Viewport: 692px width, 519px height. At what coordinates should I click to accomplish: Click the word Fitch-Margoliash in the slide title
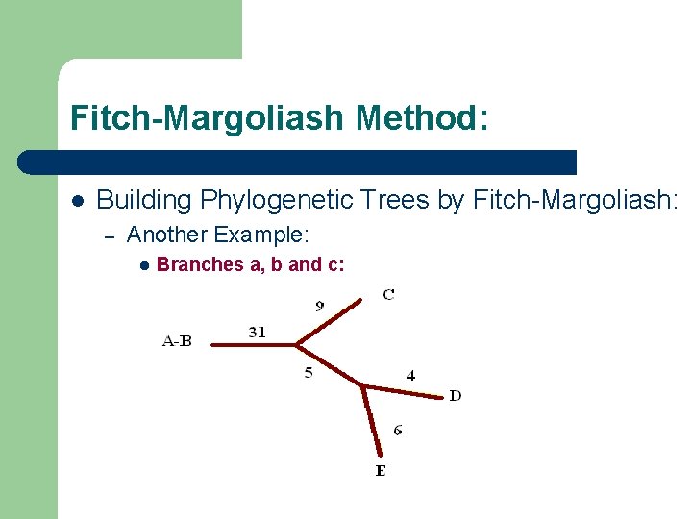point(207,119)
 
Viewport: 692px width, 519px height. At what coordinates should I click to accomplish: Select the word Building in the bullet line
point(144,200)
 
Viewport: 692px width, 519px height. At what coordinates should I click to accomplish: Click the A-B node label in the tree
point(177,340)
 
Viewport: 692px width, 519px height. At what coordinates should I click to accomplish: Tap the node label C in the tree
point(388,294)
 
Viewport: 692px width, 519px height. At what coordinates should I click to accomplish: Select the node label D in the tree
point(455,395)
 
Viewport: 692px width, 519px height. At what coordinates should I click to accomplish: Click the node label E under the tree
point(381,470)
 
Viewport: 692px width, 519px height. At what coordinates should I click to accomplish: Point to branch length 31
point(258,332)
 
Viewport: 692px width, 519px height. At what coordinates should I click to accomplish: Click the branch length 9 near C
point(319,306)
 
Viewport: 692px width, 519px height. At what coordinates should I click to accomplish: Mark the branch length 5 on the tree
point(309,372)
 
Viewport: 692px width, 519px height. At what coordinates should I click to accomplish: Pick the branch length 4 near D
point(410,376)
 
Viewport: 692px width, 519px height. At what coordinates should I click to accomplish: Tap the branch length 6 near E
point(398,429)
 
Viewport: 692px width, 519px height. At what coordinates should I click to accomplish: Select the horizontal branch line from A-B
point(252,343)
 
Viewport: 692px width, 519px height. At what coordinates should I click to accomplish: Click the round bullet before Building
point(78,201)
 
